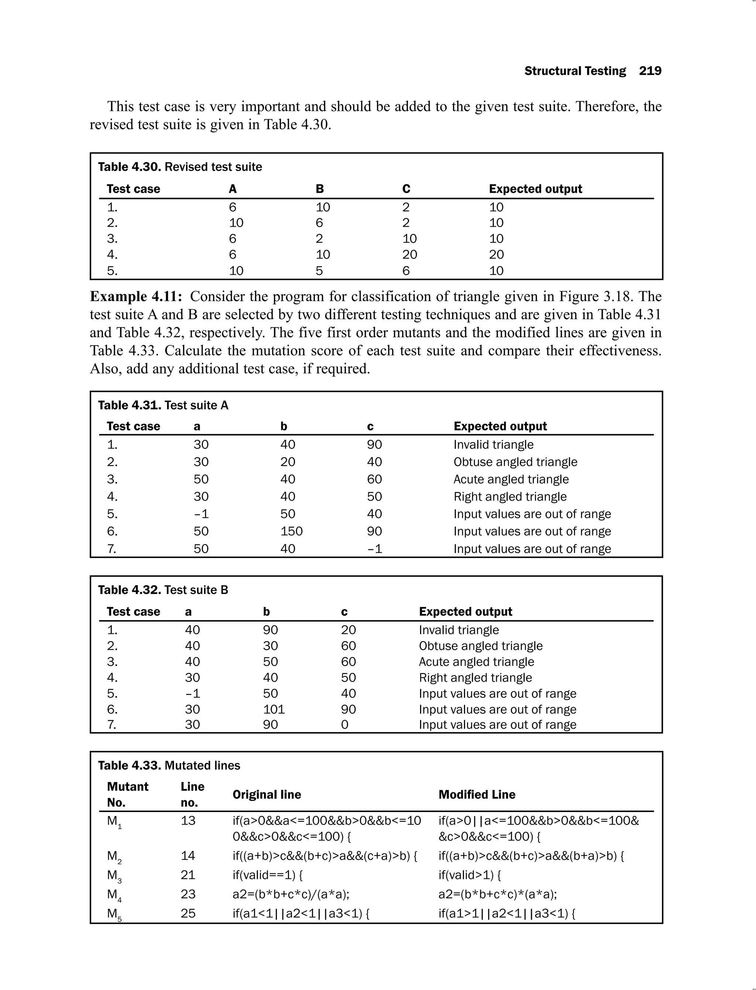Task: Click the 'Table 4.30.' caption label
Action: (129, 167)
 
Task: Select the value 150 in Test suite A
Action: (291, 531)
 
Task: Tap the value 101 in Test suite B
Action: (274, 709)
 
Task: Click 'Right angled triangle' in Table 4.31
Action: (510, 496)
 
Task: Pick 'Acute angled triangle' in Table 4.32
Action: (476, 661)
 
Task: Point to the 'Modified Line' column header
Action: (477, 794)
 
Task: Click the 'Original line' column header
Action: (267, 794)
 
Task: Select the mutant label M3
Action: (114, 876)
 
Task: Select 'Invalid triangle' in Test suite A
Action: (493, 444)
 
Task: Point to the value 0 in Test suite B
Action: (344, 725)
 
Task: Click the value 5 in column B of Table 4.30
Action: (319, 271)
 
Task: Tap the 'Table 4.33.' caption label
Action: (129, 766)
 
